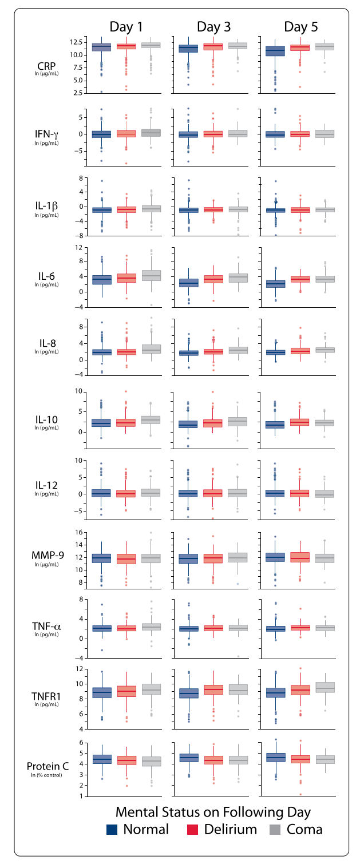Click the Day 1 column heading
click(x=127, y=27)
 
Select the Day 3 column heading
click(x=214, y=27)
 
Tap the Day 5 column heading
click(x=301, y=27)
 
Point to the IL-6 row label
click(x=46, y=276)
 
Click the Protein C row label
click(x=46, y=766)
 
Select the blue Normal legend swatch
click(x=113, y=830)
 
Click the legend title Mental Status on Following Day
click(x=213, y=811)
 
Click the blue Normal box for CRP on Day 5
click(x=275, y=50)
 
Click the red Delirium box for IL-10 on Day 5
click(x=300, y=422)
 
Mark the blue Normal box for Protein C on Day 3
click(x=188, y=758)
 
